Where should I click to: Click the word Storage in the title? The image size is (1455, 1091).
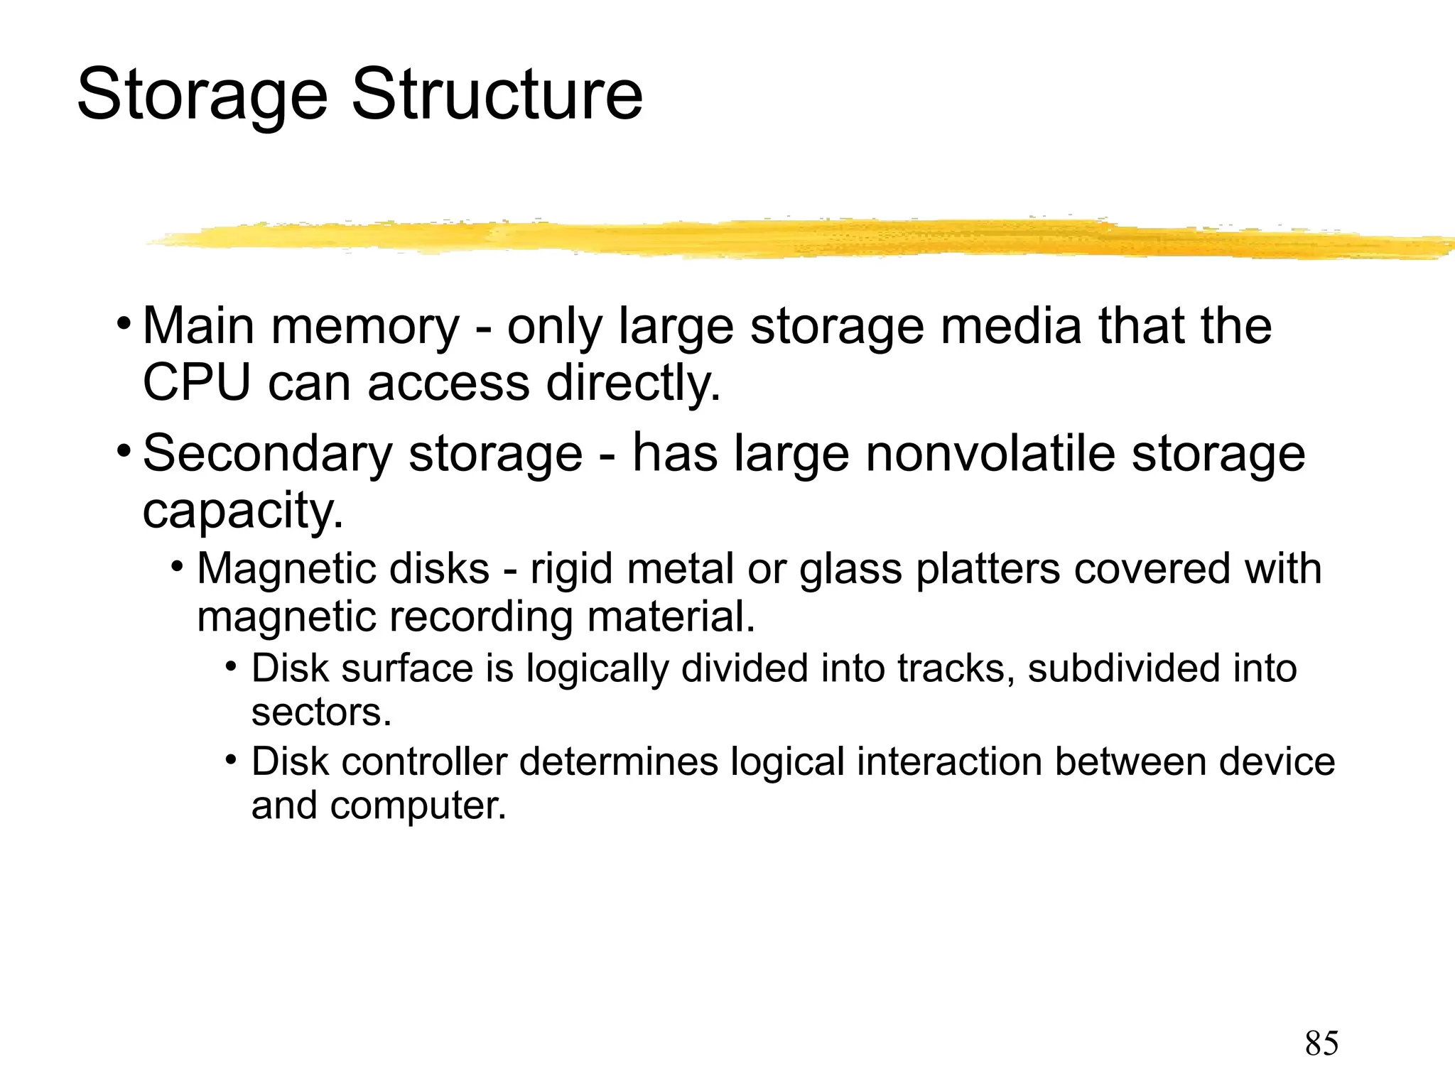point(202,96)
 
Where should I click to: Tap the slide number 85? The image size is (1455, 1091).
point(1321,1043)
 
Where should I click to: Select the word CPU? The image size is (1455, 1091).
point(197,383)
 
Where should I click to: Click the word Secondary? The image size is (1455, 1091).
point(267,455)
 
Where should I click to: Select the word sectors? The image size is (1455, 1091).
point(321,712)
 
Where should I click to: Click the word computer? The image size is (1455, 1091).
point(418,806)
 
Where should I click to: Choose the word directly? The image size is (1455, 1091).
point(633,384)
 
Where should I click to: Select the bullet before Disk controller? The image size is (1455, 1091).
point(231,761)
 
